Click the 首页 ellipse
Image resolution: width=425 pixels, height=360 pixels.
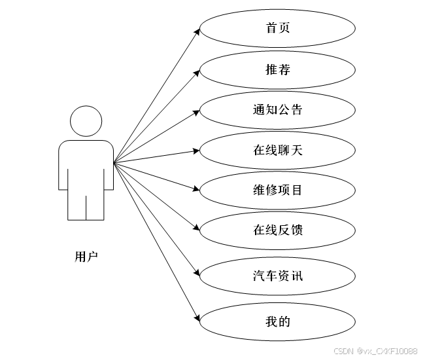tap(277, 28)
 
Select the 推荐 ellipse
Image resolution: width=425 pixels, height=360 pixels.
tap(277, 69)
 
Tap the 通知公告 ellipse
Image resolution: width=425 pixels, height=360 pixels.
tap(277, 109)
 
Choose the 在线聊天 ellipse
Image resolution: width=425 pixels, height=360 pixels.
tap(277, 150)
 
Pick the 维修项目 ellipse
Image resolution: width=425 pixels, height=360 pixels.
tap(277, 190)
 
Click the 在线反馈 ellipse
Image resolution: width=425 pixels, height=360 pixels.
tap(277, 230)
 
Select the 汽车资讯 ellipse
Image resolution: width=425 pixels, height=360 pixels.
tap(277, 276)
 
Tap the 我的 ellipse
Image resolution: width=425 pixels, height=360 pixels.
tap(277, 321)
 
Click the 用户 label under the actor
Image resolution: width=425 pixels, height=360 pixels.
tap(86, 257)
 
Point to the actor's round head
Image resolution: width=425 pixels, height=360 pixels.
tap(86, 123)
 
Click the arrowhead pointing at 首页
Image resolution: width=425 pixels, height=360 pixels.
tap(196, 30)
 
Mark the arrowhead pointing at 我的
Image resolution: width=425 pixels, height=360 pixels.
tap(196, 319)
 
